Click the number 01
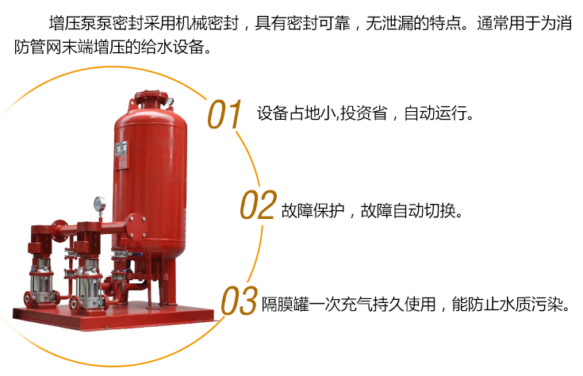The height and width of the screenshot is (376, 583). [x=224, y=114]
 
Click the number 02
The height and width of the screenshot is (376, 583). [x=259, y=208]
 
